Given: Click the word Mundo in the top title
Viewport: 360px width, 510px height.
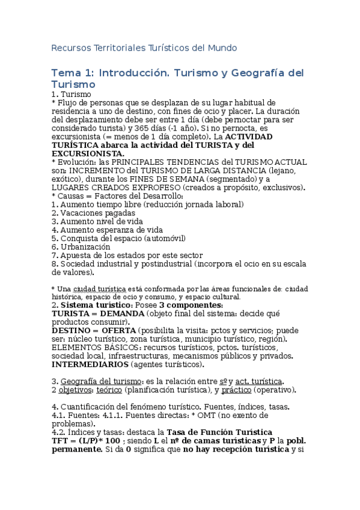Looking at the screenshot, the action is (222, 48).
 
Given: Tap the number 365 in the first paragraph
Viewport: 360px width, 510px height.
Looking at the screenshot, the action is (157, 128).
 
